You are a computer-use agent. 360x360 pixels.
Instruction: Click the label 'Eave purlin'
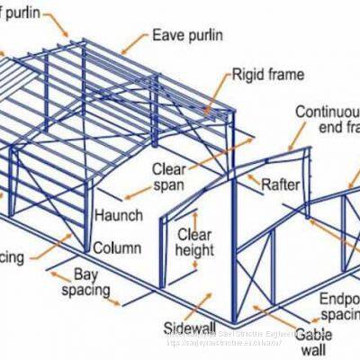point(188,37)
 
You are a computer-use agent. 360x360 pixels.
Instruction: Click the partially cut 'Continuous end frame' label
point(328,120)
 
